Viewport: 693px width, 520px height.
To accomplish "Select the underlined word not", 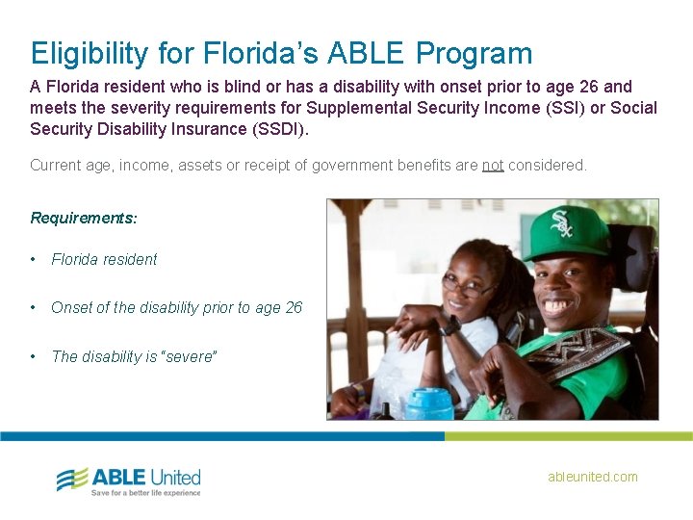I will (493, 166).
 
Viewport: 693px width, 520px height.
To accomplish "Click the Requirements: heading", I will (84, 218).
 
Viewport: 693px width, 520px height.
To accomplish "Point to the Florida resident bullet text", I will (104, 259).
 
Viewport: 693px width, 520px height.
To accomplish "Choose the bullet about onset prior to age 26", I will (176, 307).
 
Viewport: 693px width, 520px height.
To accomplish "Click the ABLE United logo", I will (128, 479).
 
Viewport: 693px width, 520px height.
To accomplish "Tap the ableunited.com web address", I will (592, 477).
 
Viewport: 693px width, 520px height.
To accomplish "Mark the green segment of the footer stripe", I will (568, 436).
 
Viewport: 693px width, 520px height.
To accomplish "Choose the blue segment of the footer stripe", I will (221, 436).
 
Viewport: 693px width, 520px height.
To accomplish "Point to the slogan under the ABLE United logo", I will (145, 492).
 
